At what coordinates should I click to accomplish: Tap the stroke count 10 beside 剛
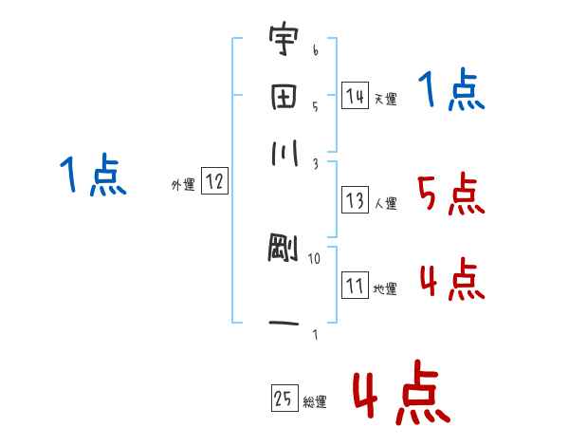pos(315,258)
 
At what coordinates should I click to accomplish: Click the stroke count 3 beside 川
pos(315,164)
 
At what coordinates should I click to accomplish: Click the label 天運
pos(385,99)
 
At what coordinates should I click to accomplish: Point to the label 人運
pos(385,203)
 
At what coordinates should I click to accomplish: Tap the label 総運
pos(315,401)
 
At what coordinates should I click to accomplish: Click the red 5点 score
pos(450,195)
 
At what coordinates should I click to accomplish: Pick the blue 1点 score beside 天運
pos(451,91)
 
